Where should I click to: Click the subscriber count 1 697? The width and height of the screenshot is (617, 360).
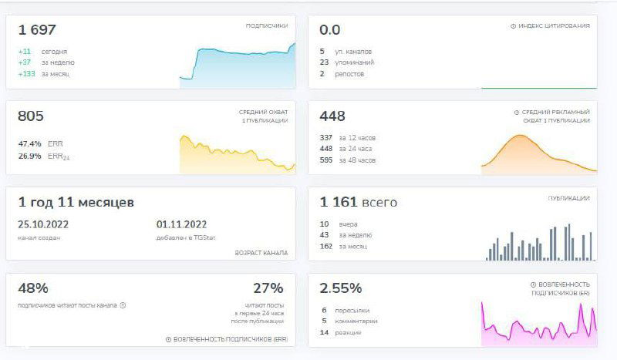[x=38, y=30]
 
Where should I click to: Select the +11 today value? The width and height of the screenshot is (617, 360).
[x=24, y=52]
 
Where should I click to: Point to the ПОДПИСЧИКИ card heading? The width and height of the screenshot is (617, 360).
[x=266, y=25]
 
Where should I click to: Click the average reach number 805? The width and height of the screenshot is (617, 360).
[x=32, y=116]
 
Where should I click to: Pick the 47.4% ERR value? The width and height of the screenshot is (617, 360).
[x=29, y=143]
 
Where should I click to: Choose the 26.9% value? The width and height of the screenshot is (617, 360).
[x=29, y=156]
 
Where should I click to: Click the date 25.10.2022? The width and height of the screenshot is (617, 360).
[x=43, y=225]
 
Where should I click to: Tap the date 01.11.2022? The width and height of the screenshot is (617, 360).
[x=181, y=225]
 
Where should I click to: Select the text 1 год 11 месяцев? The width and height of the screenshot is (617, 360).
[x=76, y=202]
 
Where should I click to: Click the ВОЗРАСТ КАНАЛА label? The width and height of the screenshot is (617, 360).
[x=261, y=253]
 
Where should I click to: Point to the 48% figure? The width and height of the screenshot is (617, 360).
[x=33, y=288]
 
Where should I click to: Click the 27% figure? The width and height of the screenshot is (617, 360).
[x=268, y=288]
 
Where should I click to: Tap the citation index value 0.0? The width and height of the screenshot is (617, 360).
[x=330, y=30]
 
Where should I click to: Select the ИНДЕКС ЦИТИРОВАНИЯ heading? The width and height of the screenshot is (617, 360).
[x=553, y=25]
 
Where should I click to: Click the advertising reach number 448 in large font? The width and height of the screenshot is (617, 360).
[x=332, y=116]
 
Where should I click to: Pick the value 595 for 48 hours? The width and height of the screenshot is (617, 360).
[x=326, y=160]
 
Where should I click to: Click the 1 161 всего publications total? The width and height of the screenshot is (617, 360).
[x=359, y=202]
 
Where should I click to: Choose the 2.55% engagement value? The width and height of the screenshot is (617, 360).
[x=341, y=288]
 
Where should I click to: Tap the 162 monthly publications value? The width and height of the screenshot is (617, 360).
[x=326, y=246]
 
